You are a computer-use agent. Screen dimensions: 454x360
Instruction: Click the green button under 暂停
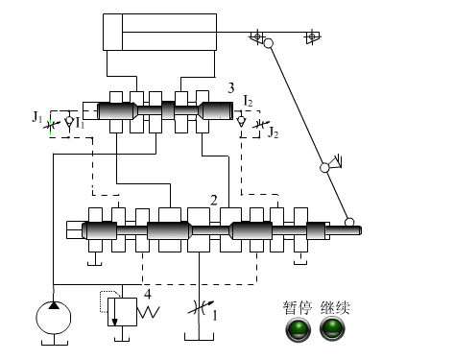point(298,329)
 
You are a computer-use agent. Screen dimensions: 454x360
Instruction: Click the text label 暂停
point(298,308)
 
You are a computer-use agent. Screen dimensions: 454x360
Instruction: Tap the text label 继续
point(335,308)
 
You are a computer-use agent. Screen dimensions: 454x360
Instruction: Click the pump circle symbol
point(54,318)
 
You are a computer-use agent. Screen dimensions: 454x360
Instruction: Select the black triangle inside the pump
point(54,305)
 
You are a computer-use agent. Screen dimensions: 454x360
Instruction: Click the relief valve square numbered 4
point(122,312)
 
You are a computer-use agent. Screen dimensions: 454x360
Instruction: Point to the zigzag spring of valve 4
point(148,312)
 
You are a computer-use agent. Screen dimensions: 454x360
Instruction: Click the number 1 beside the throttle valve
point(214,316)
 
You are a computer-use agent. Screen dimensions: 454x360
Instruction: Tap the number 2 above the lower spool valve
point(213,201)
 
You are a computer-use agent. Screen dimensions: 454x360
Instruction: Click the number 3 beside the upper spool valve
point(231,88)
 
